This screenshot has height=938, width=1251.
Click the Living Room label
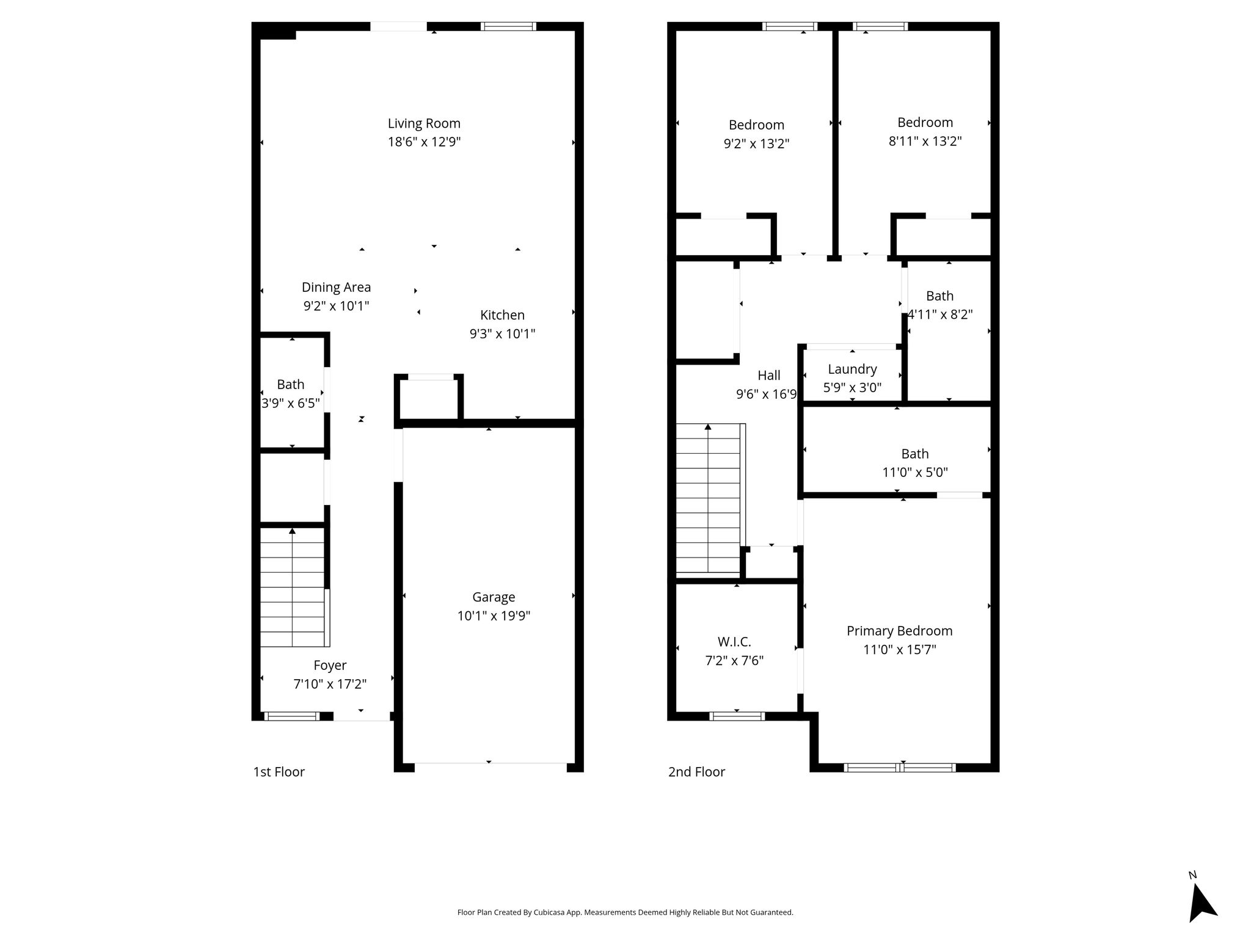[x=424, y=123]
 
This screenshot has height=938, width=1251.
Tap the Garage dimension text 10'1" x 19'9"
[x=494, y=616]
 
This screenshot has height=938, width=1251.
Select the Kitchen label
[x=502, y=315]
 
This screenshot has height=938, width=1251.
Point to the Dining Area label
[x=336, y=287]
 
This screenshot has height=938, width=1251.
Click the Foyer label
[x=330, y=666]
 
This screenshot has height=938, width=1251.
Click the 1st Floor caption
[x=279, y=772]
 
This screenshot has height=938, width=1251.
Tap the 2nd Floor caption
[x=696, y=772]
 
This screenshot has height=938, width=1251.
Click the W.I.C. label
[x=734, y=642]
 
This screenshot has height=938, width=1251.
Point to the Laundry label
[x=852, y=369]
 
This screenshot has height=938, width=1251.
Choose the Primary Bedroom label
[x=899, y=631]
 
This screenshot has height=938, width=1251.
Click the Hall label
[x=768, y=376]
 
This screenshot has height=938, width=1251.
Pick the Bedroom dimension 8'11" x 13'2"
[x=925, y=142]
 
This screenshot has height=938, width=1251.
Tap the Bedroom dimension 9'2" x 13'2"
[x=756, y=144]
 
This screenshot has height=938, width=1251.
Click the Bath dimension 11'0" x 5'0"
[x=915, y=473]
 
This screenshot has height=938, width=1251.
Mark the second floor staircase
[x=710, y=498]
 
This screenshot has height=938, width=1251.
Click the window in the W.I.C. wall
[x=737, y=716]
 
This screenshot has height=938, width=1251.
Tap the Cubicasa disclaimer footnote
[x=625, y=912]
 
